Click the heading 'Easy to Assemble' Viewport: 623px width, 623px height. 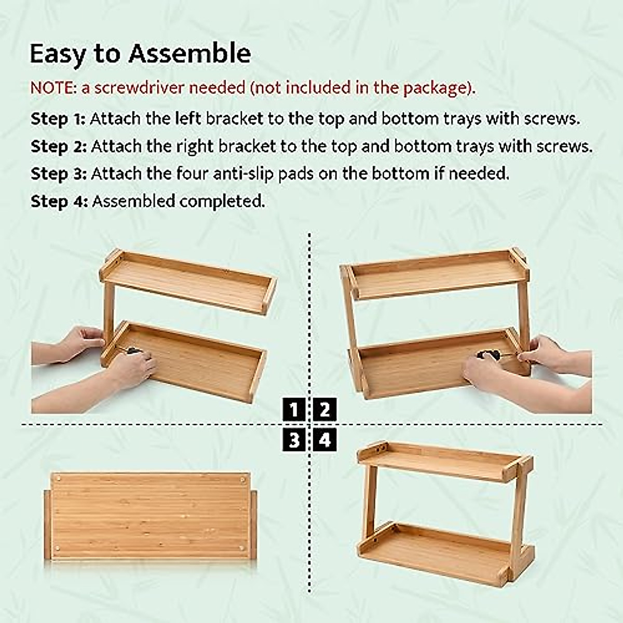(x=140, y=54)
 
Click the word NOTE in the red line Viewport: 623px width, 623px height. (x=52, y=88)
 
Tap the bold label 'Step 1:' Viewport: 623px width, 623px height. (x=58, y=119)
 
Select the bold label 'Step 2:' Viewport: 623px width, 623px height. (x=58, y=146)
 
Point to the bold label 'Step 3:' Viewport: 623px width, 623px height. (x=58, y=173)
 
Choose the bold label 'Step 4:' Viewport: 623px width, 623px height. (x=59, y=201)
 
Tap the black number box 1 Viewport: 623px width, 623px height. (x=294, y=410)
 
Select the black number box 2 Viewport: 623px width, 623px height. (x=325, y=410)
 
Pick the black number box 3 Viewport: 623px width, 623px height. (x=294, y=440)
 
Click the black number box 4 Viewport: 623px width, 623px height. (x=325, y=440)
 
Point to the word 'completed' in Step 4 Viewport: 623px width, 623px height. (x=222, y=201)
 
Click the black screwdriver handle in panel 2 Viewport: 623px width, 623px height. (x=487, y=355)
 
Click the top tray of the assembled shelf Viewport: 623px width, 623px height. (x=436, y=462)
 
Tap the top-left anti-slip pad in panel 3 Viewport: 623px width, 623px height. (x=58, y=478)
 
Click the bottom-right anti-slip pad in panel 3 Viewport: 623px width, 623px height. (x=242, y=548)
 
